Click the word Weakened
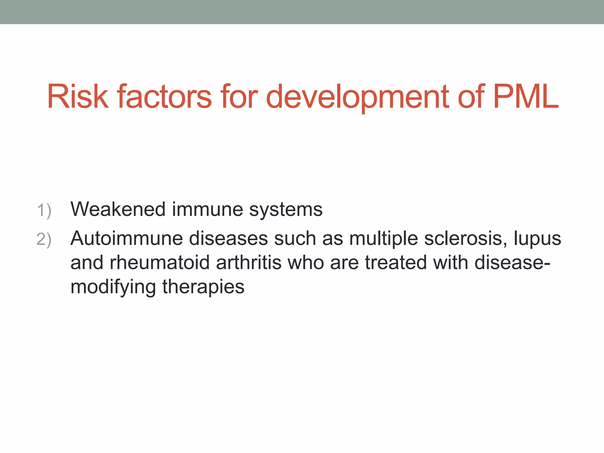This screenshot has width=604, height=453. (x=118, y=209)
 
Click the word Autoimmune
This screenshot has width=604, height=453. (x=127, y=238)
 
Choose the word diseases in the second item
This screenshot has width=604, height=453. (x=228, y=238)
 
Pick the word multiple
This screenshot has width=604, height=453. (x=383, y=238)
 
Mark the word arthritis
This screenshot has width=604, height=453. (x=249, y=262)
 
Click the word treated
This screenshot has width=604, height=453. (x=396, y=262)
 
